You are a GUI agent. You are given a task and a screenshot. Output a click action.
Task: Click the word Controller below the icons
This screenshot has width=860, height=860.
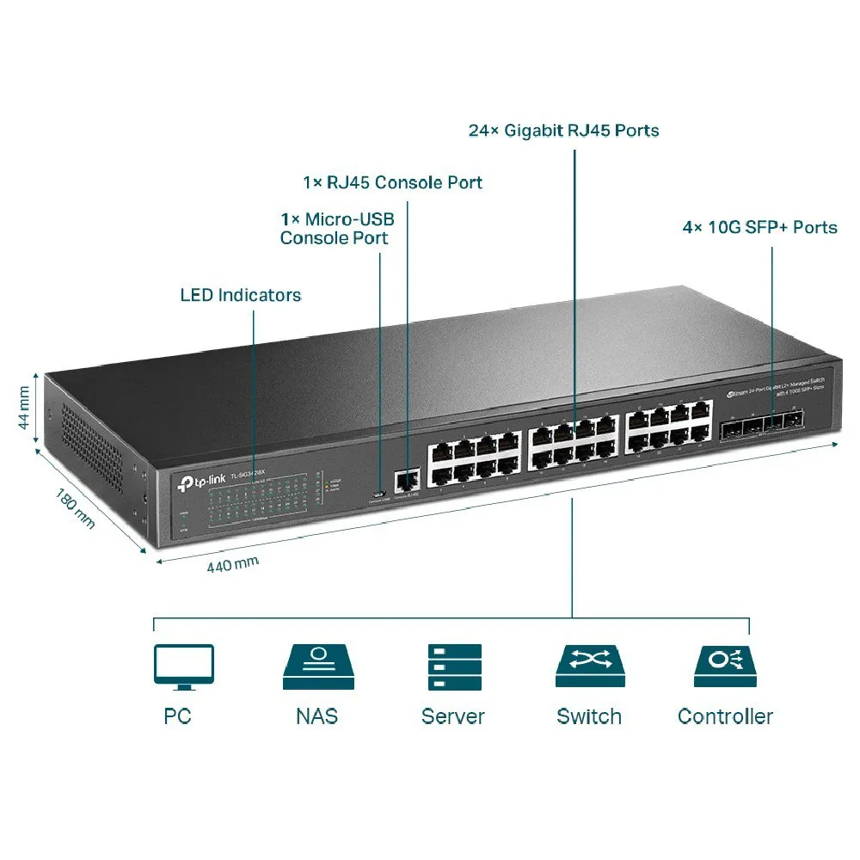[725, 716]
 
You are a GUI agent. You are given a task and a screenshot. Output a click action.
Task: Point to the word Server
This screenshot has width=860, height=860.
[453, 716]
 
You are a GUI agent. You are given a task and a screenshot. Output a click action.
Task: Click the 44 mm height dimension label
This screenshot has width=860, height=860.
[24, 408]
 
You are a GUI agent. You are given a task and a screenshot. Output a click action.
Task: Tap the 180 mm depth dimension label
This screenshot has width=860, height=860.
[76, 509]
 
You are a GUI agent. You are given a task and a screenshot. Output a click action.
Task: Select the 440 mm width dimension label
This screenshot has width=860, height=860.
[232, 565]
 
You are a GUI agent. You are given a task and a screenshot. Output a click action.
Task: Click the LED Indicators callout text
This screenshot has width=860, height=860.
[241, 295]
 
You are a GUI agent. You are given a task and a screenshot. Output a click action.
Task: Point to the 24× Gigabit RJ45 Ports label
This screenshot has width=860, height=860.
[563, 131]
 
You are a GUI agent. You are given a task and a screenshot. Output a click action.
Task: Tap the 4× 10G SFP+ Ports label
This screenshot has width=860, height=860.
[759, 228]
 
